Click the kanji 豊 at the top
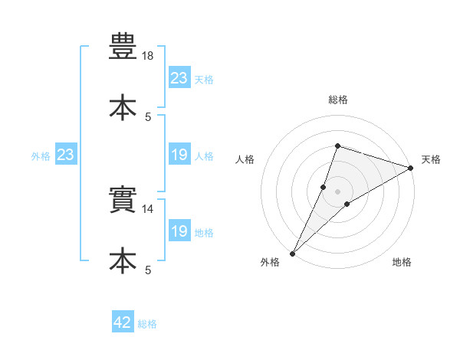click(x=123, y=46)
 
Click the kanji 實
click(x=123, y=199)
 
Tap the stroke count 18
click(x=147, y=56)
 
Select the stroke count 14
click(x=147, y=209)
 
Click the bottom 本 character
click(x=123, y=260)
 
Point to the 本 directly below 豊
click(x=123, y=107)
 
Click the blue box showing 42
click(x=123, y=321)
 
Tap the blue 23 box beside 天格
click(x=179, y=77)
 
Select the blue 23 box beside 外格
click(x=66, y=154)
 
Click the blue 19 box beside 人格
click(x=179, y=154)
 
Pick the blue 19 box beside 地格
click(x=179, y=230)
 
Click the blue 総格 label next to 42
click(x=147, y=324)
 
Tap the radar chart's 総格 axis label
click(x=338, y=100)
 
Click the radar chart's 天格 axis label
click(x=431, y=159)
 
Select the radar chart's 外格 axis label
click(x=270, y=262)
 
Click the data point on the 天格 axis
click(x=411, y=168)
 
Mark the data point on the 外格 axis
click(x=293, y=254)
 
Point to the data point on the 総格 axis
click(x=337, y=146)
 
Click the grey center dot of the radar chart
click(x=337, y=191)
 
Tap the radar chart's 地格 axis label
click(x=402, y=262)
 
